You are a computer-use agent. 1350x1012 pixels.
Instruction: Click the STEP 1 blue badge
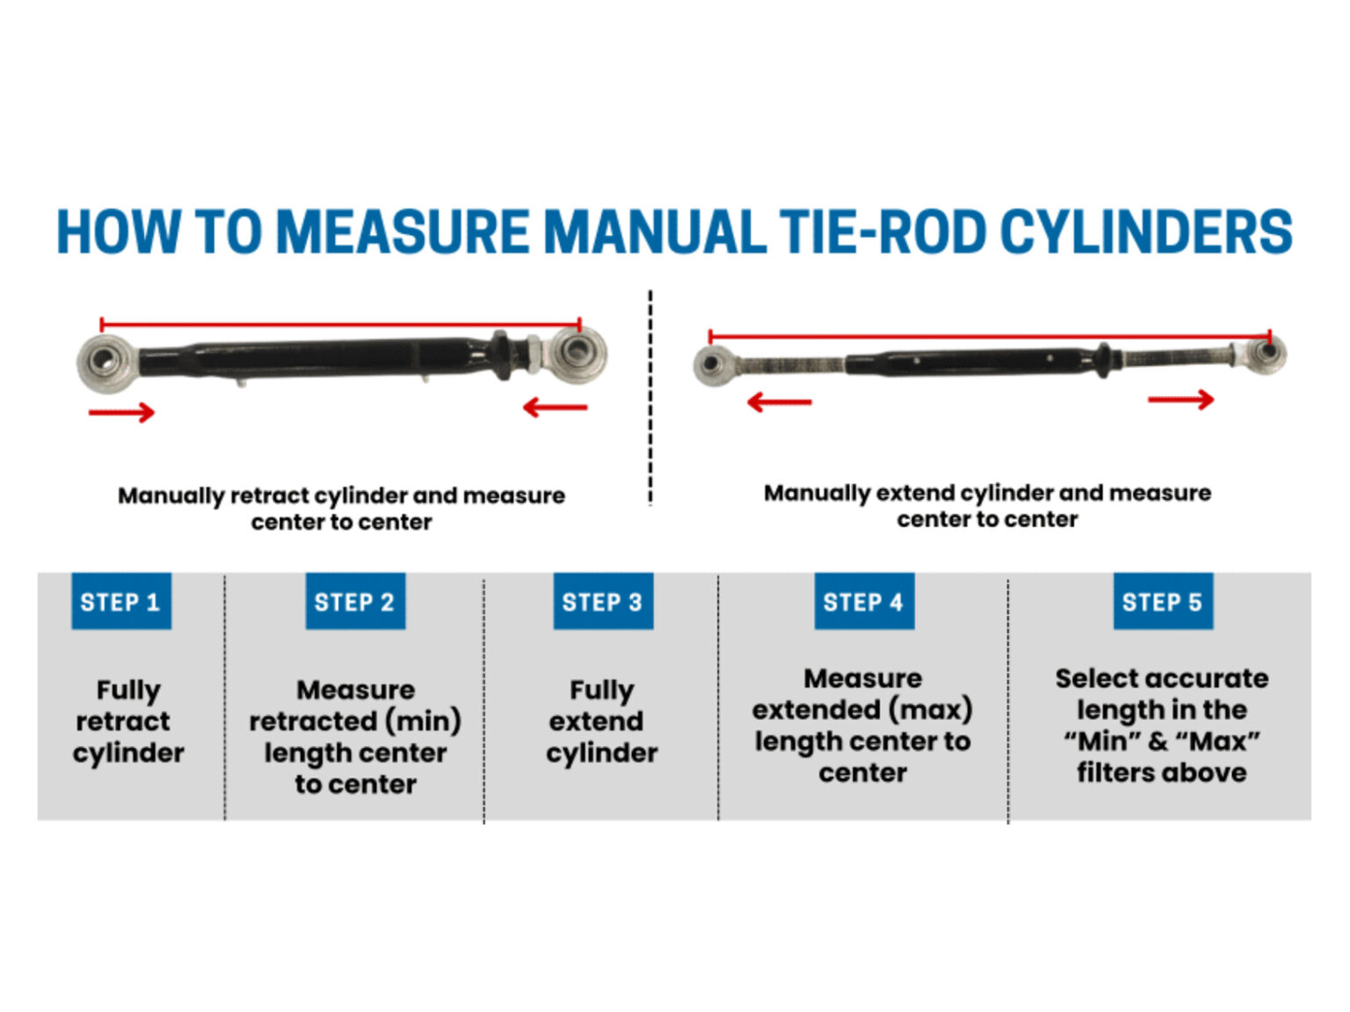pyautogui.click(x=120, y=602)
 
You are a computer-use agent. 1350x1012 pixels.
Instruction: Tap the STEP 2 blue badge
pyautogui.click(x=354, y=602)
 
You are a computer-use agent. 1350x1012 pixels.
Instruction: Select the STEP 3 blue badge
pyautogui.click(x=602, y=602)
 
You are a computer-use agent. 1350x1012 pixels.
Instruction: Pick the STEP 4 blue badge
pyautogui.click(x=863, y=602)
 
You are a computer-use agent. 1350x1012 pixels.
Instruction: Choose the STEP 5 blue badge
pyautogui.click(x=1162, y=602)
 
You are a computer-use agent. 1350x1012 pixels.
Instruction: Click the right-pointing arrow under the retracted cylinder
pyautogui.click(x=121, y=411)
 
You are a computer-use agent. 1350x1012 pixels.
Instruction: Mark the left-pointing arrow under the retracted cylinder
pyautogui.click(x=555, y=407)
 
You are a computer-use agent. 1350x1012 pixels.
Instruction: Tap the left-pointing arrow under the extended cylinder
pyautogui.click(x=779, y=402)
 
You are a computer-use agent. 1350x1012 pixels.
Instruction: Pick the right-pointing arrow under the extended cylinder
pyautogui.click(x=1180, y=400)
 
